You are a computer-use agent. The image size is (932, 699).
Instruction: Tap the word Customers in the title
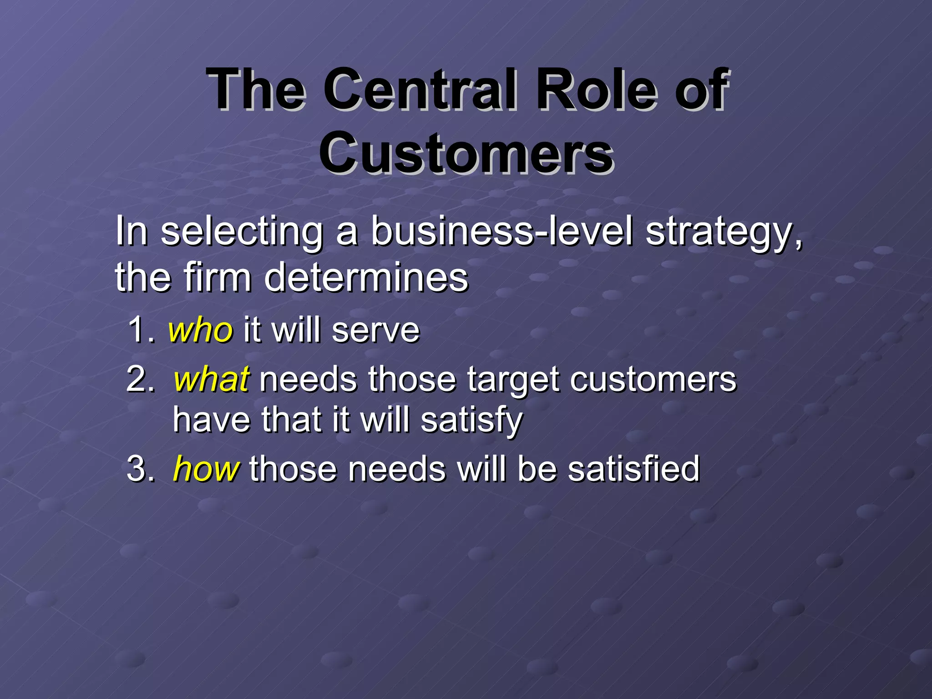(466, 153)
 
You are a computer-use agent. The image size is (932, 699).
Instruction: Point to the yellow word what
(211, 379)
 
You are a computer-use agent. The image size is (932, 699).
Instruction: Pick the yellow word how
(206, 469)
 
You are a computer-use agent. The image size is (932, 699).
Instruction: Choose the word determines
(366, 277)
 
